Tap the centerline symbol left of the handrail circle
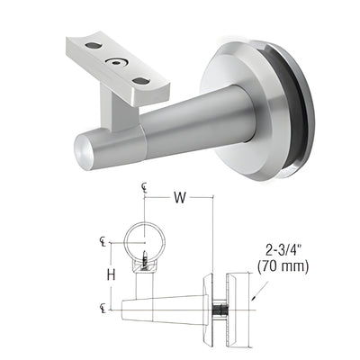tap(101, 240)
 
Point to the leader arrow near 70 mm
tap(256, 290)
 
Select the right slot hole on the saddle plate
tap(140, 81)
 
